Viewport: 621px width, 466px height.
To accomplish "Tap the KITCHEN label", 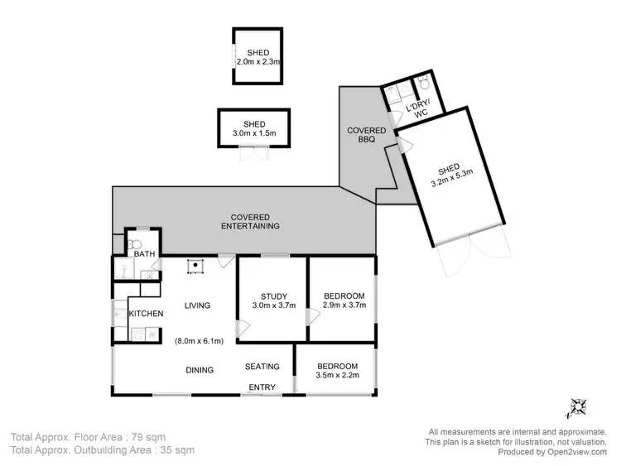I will [145, 314].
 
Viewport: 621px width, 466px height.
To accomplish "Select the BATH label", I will [144, 253].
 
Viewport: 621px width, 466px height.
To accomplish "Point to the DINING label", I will [200, 370].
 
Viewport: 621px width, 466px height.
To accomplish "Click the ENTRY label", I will [262, 387].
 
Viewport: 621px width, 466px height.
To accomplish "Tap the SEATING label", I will [262, 367].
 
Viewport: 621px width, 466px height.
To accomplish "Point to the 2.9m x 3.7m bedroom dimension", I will [341, 304].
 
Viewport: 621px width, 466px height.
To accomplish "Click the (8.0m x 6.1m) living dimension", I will [199, 340].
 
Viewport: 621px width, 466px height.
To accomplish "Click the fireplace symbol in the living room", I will [196, 266].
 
